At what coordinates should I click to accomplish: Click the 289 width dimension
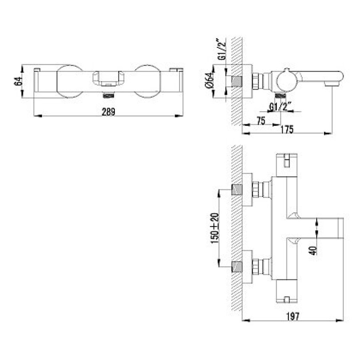(108, 112)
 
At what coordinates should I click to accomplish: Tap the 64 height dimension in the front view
(18, 81)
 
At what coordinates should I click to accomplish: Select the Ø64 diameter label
(209, 80)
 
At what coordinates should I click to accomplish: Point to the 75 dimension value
(261, 121)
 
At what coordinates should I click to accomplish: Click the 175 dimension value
(287, 129)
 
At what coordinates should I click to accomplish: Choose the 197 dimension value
(293, 317)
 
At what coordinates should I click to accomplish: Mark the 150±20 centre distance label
(215, 228)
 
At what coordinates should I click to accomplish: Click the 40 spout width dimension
(313, 250)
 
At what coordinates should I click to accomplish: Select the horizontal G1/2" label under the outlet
(280, 107)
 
